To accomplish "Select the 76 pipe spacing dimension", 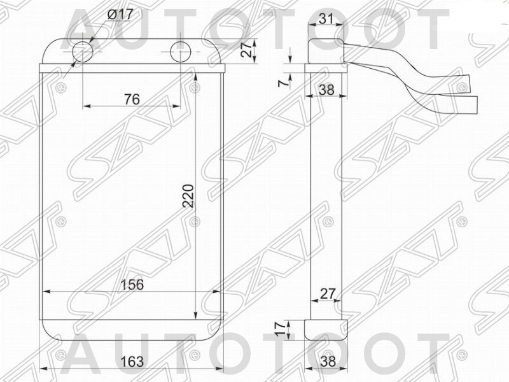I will (x=132, y=99).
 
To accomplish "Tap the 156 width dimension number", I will (x=132, y=285).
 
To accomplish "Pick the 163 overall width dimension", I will (x=132, y=361).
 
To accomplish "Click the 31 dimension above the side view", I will (x=326, y=19).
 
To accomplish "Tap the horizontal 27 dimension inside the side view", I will (x=327, y=294).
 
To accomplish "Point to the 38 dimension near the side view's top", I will (x=326, y=90).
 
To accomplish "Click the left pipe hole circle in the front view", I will (x=83, y=52).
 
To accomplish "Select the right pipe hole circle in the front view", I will (x=181, y=52).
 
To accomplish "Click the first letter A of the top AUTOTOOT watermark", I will (x=88, y=29).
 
